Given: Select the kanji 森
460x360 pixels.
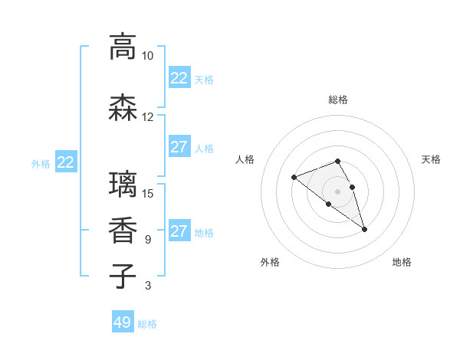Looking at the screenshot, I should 123,107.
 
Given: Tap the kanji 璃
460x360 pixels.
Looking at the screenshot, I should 123,185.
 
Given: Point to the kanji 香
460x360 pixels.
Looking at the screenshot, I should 123,231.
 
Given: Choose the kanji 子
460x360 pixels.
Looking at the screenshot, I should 123,277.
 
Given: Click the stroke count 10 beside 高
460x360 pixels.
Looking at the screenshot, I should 147,56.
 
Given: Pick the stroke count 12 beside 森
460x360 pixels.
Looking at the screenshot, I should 147,117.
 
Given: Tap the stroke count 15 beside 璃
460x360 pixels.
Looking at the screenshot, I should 147,194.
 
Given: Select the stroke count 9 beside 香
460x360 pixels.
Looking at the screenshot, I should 147,240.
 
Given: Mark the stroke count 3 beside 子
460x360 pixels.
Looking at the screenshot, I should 147,286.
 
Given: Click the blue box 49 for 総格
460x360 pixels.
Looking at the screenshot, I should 123,322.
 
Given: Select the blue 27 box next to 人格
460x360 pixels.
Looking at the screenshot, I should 179,147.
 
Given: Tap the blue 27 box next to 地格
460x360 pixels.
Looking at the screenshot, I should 179,231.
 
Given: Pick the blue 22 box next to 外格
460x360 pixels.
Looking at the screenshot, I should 66,162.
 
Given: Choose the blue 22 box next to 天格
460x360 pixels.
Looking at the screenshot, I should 179,78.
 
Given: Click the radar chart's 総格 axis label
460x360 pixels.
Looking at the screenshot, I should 338,100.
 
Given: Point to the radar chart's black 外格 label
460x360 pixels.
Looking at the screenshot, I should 270,262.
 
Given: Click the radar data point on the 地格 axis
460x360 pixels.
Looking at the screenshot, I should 365,229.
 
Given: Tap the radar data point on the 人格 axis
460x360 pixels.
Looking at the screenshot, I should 294,178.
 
